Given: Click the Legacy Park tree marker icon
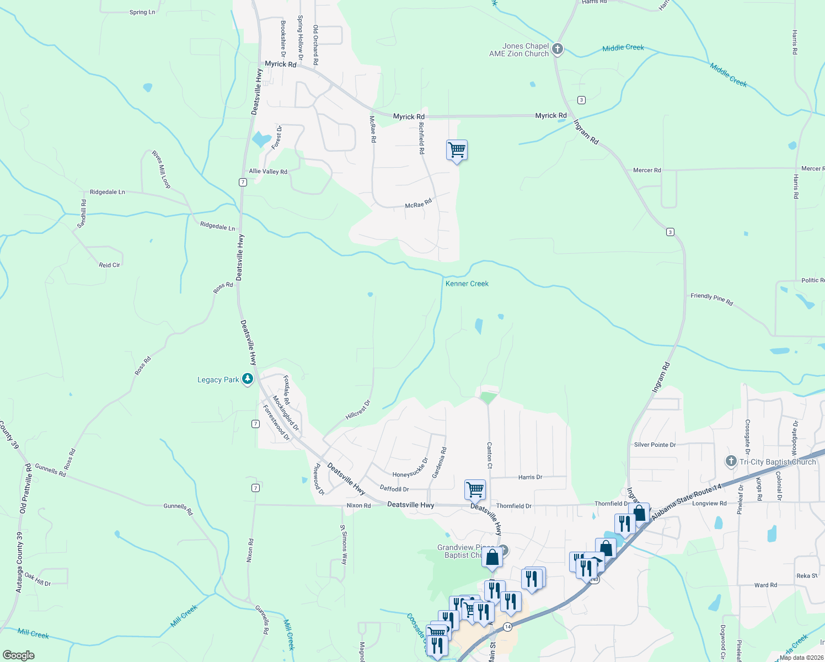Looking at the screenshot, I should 248,379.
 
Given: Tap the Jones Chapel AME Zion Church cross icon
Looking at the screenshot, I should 558,50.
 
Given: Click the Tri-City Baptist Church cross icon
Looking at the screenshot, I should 731,461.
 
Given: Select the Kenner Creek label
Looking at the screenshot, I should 467,284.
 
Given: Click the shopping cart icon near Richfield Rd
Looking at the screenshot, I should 457,150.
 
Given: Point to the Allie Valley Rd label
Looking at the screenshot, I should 268,172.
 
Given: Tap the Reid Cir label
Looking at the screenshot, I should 109,265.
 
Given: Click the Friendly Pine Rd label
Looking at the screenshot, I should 711,300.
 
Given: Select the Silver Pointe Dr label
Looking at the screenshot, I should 655,445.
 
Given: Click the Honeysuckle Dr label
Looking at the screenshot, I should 410,468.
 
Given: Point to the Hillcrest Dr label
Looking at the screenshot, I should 358,410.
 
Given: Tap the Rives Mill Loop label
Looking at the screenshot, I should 161,169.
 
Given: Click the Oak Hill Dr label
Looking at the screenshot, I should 37,580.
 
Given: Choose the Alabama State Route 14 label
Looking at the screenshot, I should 686,503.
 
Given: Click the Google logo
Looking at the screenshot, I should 18,655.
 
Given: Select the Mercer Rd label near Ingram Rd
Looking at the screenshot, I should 647,170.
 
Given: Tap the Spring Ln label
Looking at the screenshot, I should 142,12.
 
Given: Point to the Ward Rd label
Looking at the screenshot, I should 765,585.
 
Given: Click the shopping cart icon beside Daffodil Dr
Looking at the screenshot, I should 475,489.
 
